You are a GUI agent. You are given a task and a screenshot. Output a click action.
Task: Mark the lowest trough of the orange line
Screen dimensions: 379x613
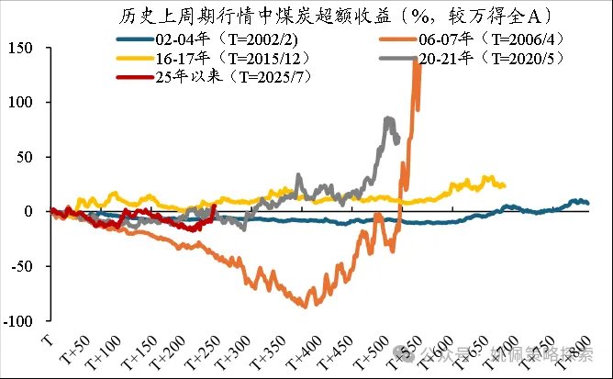(x=305, y=307)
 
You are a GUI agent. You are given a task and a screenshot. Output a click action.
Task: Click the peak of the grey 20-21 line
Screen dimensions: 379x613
(x=389, y=117)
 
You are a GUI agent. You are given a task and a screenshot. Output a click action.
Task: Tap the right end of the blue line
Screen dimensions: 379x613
(x=587, y=203)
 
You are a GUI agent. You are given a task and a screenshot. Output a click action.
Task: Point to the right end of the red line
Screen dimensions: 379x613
(x=215, y=206)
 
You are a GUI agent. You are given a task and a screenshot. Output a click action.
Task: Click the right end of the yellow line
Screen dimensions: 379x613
(x=505, y=185)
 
